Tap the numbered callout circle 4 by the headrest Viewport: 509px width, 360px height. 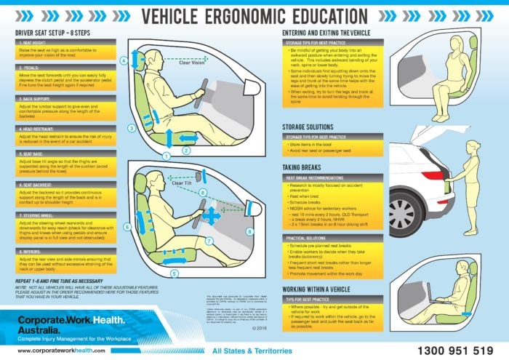tap(124, 60)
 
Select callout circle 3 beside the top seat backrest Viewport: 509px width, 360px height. tap(130, 127)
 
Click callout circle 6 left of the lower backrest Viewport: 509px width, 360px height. tap(127, 227)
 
